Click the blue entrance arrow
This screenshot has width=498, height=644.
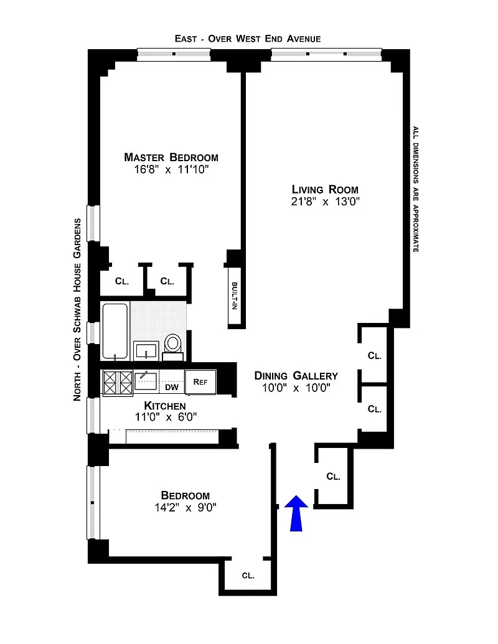[296, 513]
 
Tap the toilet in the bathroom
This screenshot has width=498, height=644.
[173, 347]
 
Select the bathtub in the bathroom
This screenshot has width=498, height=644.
[115, 331]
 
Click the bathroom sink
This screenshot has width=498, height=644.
[146, 351]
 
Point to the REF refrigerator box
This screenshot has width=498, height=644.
[200, 382]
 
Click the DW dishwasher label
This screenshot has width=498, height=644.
[172, 387]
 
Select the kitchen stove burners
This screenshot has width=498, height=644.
[118, 383]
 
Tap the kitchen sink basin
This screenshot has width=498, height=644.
[146, 381]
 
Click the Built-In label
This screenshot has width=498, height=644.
[235, 296]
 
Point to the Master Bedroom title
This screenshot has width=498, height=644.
[171, 157]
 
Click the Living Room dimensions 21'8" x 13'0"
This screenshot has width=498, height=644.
[325, 202]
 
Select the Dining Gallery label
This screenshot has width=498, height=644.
[296, 376]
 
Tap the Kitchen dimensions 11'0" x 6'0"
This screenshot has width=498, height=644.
[166, 418]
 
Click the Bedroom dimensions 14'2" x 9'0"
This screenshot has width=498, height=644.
[186, 508]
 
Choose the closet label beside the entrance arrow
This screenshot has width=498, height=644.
[333, 477]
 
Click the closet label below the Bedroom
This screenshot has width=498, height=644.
[248, 576]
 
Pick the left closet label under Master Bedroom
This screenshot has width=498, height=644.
[121, 281]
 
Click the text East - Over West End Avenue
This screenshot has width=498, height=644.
[248, 39]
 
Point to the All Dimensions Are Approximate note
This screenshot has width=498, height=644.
[416, 189]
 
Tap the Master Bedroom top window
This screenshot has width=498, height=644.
[174, 54]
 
